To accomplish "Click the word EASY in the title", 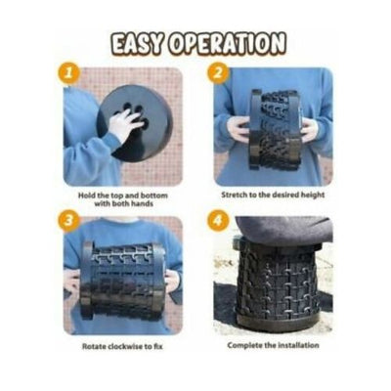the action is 136,43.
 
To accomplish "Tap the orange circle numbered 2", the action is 218,72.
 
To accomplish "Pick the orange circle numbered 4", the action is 217,221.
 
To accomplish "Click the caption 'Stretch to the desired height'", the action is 273,195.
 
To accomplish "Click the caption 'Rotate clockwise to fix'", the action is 122,346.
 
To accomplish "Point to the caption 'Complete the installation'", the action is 273,345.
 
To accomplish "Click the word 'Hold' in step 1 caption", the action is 87,195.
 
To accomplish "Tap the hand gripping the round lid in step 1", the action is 125,123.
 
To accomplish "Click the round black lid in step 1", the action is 137,123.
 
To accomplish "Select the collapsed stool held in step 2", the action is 274,130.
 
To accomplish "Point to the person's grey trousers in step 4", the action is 282,231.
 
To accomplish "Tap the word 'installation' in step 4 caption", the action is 298,345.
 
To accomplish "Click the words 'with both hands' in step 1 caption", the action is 123,204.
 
